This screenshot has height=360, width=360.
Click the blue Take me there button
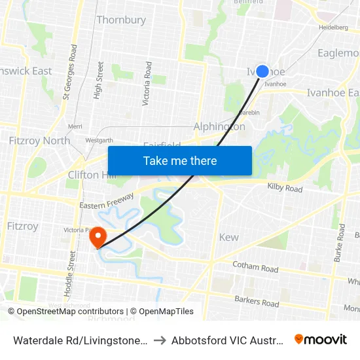point(179,160)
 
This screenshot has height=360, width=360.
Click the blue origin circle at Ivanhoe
point(262,71)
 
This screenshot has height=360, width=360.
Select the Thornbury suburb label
point(121,20)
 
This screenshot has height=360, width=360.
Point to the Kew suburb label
point(229,237)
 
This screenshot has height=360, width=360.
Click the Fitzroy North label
point(39,140)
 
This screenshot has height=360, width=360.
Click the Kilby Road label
point(285,189)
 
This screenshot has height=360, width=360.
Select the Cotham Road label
point(256,266)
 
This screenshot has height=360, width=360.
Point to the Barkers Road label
point(257,300)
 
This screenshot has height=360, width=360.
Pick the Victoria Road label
point(148,83)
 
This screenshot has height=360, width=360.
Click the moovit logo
point(320,339)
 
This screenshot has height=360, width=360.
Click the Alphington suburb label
point(219,126)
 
